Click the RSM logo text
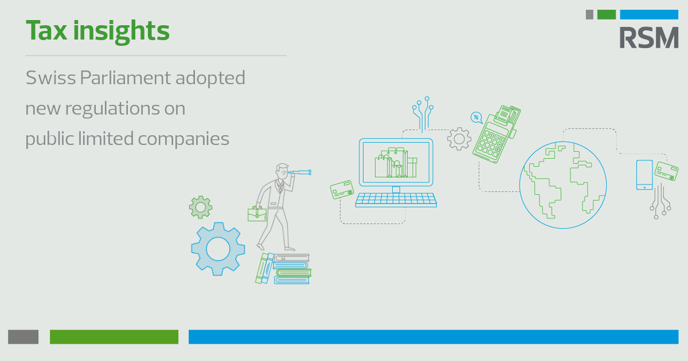(x=648, y=37)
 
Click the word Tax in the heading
(x=46, y=30)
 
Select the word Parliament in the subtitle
(x=126, y=78)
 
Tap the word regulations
(x=112, y=109)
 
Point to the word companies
(x=183, y=139)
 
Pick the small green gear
(x=201, y=207)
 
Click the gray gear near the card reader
(x=459, y=139)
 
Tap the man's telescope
(x=299, y=173)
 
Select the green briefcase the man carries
(x=257, y=214)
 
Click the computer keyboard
(x=396, y=200)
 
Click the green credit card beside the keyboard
(x=342, y=190)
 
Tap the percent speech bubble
(x=476, y=117)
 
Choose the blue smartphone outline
(x=644, y=175)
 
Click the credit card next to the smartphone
(x=666, y=171)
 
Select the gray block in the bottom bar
(x=24, y=337)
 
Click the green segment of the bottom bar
(x=114, y=337)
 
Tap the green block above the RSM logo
(x=607, y=14)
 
